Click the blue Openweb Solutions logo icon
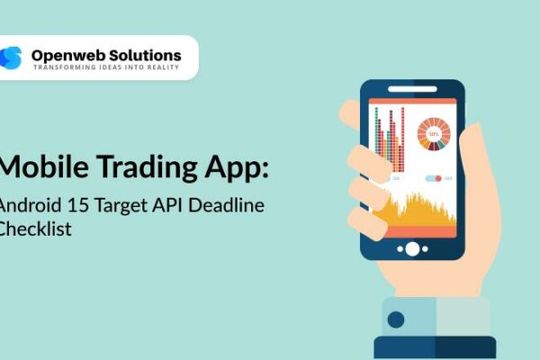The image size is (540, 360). click(12, 58)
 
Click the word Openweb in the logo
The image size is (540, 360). click(65, 55)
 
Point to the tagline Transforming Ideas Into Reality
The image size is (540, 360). click(106, 67)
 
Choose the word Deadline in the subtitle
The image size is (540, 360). click(228, 206)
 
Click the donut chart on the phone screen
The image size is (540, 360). click(433, 134)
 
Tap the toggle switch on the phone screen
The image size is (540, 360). click(433, 178)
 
